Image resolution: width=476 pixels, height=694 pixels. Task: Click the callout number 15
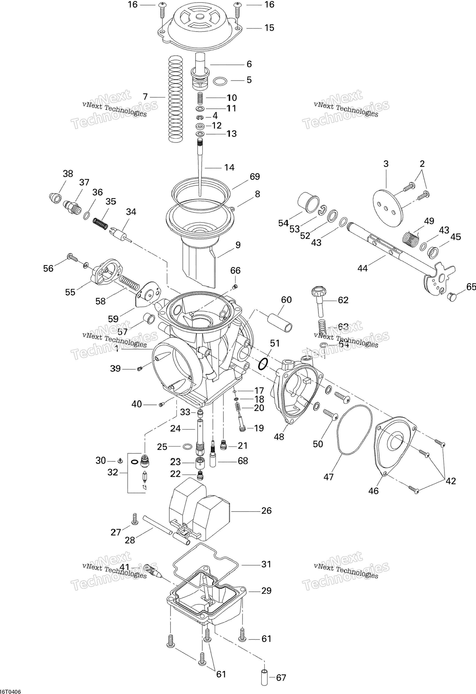click(269, 28)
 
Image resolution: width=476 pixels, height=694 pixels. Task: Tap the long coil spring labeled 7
click(176, 99)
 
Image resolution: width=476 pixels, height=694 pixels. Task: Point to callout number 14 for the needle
click(229, 168)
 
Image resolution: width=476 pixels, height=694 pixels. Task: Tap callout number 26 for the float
click(266, 510)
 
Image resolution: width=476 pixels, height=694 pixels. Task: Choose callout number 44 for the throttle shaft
click(362, 269)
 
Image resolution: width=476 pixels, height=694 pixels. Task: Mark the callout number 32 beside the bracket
click(113, 472)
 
